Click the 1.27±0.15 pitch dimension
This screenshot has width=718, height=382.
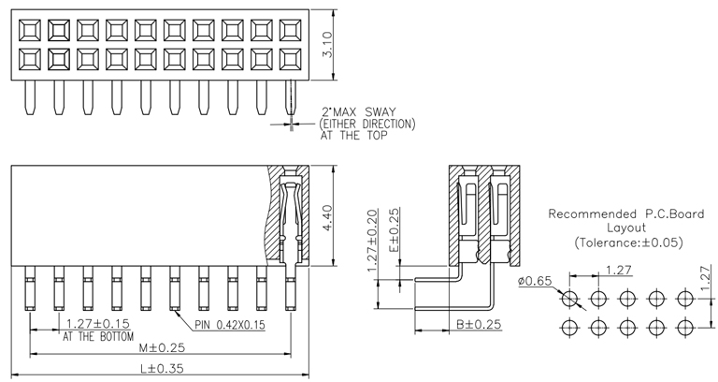click(x=96, y=324)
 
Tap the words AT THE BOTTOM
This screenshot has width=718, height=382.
click(x=98, y=336)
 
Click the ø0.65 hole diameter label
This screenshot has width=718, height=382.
click(x=535, y=280)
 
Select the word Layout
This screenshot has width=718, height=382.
click(x=626, y=227)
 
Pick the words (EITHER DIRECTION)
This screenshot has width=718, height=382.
click(x=367, y=124)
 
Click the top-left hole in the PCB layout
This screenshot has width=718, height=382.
click(x=569, y=299)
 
